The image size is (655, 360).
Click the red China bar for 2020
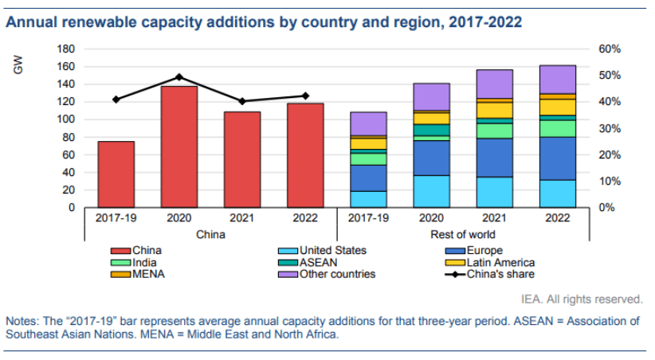179,147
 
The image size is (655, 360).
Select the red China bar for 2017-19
116,174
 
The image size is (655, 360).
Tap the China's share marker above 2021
242,101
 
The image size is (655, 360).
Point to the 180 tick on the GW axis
67,49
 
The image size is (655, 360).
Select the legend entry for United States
330,250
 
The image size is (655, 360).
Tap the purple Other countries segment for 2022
558,79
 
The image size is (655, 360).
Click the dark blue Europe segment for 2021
495,158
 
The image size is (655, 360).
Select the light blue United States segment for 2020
431,191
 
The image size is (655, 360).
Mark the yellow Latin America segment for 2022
558,107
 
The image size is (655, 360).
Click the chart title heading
264,22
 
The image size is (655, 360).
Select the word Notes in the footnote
22,321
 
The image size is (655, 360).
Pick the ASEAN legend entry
318,262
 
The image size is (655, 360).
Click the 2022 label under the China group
306,217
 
